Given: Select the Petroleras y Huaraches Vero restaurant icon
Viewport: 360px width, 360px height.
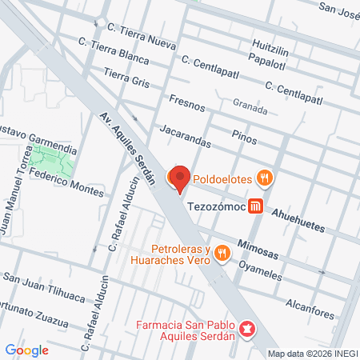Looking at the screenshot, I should tap(222, 254).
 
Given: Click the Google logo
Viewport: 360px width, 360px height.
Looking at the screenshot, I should tap(26, 350).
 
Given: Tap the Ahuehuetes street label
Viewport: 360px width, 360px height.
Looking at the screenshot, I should tap(297, 222).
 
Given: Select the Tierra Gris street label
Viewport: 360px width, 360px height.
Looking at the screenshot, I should tap(126, 77).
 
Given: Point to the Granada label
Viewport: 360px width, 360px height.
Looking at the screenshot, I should tap(250, 103).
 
